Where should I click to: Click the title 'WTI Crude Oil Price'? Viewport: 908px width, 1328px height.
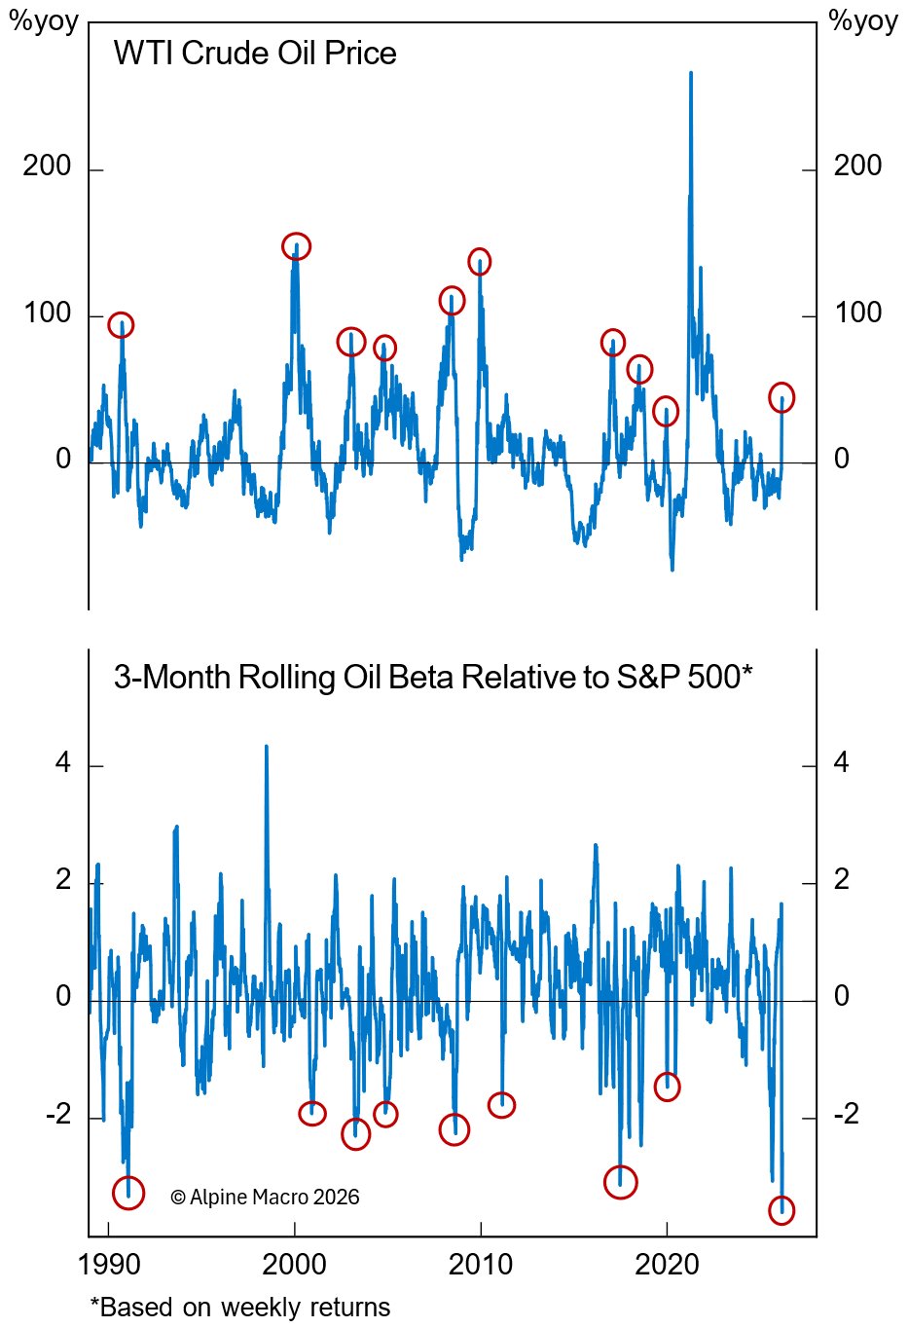255,53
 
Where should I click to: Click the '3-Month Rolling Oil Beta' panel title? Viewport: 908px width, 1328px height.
433,677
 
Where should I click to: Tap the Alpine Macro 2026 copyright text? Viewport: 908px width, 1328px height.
265,1198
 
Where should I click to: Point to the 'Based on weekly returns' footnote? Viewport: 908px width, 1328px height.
240,1307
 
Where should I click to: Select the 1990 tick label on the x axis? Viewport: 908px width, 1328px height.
109,1265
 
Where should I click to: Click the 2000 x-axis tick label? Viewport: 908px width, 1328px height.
295,1265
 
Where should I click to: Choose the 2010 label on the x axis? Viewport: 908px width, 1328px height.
481,1265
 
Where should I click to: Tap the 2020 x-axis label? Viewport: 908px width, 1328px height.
667,1265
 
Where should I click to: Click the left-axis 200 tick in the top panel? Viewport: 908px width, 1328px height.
47,166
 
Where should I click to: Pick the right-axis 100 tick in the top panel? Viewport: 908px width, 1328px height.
857,313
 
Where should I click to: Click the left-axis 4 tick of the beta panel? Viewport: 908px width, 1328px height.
63,762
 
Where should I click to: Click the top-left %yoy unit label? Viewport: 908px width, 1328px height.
44,21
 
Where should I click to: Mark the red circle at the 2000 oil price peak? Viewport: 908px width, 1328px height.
296,246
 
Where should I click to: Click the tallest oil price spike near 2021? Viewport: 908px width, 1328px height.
691,74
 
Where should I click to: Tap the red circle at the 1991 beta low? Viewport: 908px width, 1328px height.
128,1192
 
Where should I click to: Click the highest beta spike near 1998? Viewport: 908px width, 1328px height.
267,748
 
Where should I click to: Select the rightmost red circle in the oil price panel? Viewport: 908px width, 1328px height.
781,397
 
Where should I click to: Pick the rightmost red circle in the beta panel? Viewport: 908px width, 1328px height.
781,1210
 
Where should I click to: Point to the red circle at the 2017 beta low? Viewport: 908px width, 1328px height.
620,1182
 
